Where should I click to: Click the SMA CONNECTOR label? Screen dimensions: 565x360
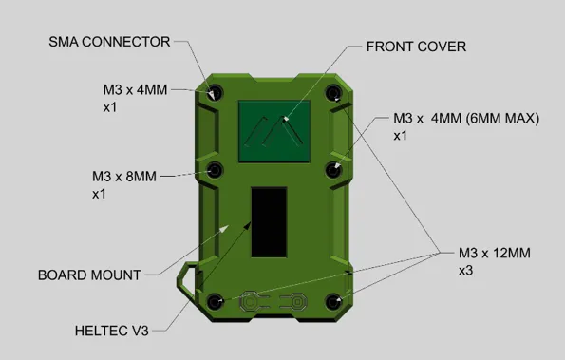(x=109, y=42)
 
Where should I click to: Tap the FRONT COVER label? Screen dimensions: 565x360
(x=416, y=47)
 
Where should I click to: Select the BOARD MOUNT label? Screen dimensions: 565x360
(x=89, y=275)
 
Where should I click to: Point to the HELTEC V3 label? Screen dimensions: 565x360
(x=112, y=331)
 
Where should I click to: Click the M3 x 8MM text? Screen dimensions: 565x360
(x=124, y=177)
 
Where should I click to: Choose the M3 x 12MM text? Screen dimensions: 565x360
(x=495, y=253)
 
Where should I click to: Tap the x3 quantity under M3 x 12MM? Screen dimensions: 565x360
(x=465, y=271)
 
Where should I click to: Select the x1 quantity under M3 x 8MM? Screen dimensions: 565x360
(x=99, y=194)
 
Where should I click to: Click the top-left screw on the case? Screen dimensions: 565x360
(x=215, y=93)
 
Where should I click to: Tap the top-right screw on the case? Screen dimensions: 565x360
(x=333, y=93)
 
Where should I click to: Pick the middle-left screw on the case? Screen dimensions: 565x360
(x=215, y=170)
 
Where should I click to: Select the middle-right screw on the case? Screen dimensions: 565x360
(x=333, y=170)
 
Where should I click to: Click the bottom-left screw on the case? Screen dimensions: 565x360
(x=216, y=302)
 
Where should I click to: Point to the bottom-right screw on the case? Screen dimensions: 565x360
(x=333, y=302)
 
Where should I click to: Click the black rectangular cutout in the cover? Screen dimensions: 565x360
(x=269, y=222)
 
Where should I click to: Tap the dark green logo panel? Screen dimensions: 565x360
(x=274, y=131)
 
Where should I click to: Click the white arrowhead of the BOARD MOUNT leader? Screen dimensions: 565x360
(x=224, y=229)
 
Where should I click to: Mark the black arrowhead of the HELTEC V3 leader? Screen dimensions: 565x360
(x=247, y=226)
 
